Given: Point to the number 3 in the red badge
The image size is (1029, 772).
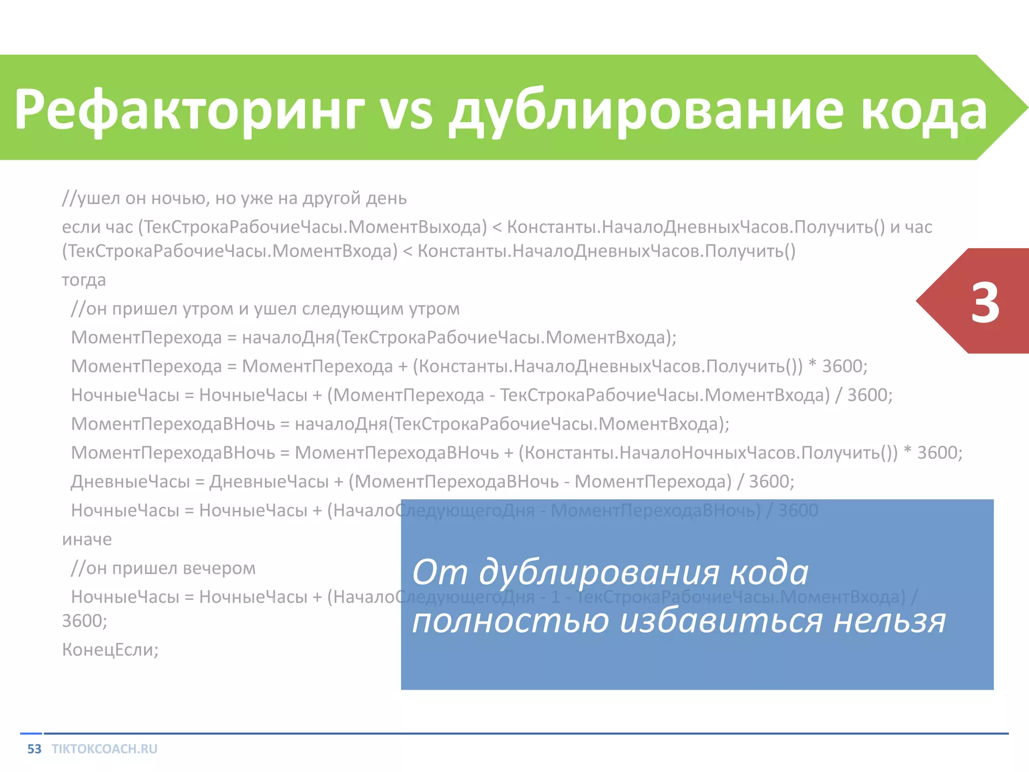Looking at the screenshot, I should (x=985, y=303).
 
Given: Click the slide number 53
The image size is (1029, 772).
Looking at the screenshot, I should (x=34, y=749).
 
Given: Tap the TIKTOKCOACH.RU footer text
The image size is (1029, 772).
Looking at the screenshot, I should (x=105, y=749).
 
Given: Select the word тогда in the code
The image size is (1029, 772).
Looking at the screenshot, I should (x=84, y=280).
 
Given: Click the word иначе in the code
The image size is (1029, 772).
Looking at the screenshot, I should (x=87, y=539).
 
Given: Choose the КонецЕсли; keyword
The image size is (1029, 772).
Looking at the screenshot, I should (x=110, y=650).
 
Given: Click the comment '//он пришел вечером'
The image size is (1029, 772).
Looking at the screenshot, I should (x=163, y=568).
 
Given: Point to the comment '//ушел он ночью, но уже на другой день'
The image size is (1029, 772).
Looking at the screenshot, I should (x=234, y=199).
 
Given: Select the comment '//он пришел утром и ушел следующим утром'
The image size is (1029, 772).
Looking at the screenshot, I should (x=265, y=309).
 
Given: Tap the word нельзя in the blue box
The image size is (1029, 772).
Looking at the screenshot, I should (x=889, y=621).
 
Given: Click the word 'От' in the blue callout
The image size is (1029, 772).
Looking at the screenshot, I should (x=440, y=572).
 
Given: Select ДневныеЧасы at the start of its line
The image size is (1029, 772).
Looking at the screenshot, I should (x=130, y=481).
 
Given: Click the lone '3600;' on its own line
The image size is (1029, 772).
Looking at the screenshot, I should (x=84, y=621).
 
